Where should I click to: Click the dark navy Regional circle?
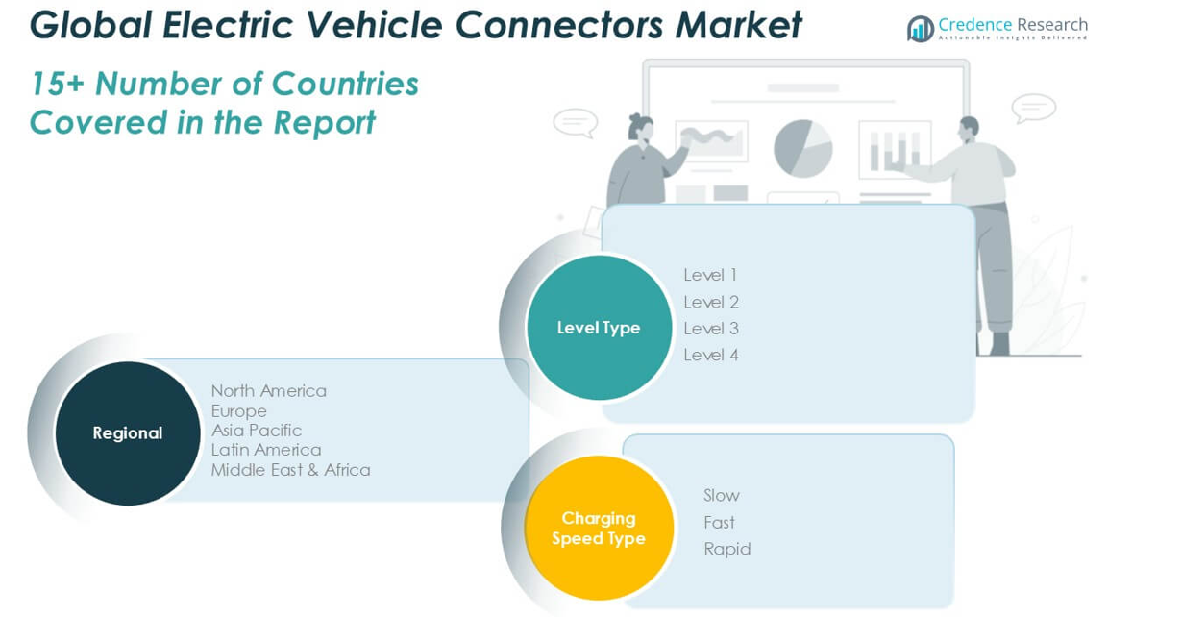(x=128, y=432)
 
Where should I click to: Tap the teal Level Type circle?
(x=599, y=328)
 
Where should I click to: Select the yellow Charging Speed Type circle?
(x=598, y=528)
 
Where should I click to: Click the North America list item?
(x=269, y=390)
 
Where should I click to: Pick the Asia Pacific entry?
(x=257, y=430)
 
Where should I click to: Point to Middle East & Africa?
(x=290, y=470)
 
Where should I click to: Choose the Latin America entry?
(x=266, y=450)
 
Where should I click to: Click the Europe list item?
(x=239, y=410)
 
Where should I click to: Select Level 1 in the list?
(x=710, y=275)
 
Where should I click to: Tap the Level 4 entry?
(x=710, y=355)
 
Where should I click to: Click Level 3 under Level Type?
(x=710, y=329)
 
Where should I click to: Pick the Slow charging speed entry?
(x=722, y=496)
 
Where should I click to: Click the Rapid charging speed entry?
(x=726, y=549)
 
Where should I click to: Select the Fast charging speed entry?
(x=719, y=523)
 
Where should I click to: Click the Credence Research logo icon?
(x=920, y=29)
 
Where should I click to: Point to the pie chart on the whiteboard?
(x=802, y=148)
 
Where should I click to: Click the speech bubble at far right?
(x=1033, y=108)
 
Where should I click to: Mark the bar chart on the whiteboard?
(x=894, y=150)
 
